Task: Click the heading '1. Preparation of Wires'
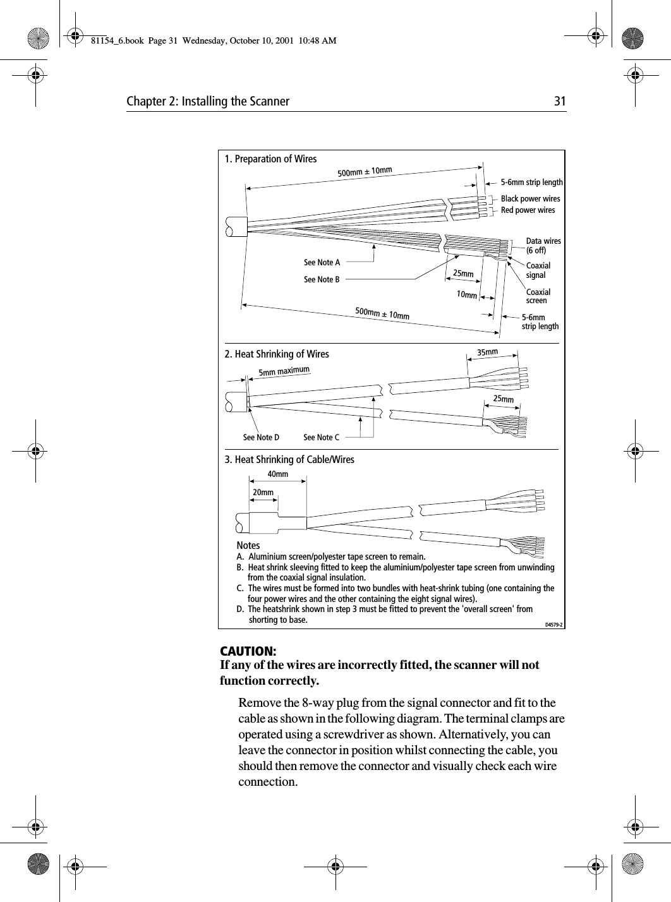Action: tap(271, 159)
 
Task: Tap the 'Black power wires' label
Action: tap(530, 199)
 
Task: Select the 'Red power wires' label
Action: tap(528, 210)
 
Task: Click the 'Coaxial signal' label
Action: tap(538, 270)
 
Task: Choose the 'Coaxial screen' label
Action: tap(538, 296)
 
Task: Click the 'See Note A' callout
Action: tap(322, 263)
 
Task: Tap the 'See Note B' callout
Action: tap(322, 279)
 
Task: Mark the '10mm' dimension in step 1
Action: tap(467, 294)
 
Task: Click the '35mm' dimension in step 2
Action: tap(487, 351)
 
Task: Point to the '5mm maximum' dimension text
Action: tap(284, 371)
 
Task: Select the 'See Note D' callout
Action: tap(261, 437)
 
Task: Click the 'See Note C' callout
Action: tap(321, 437)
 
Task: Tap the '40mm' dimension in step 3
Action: tap(278, 474)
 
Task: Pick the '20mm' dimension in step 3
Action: tap(263, 492)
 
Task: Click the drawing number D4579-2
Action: tap(553, 625)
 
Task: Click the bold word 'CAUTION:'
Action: tap(247, 651)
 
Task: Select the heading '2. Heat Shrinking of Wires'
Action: tap(277, 354)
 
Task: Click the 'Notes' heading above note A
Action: tap(248, 545)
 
